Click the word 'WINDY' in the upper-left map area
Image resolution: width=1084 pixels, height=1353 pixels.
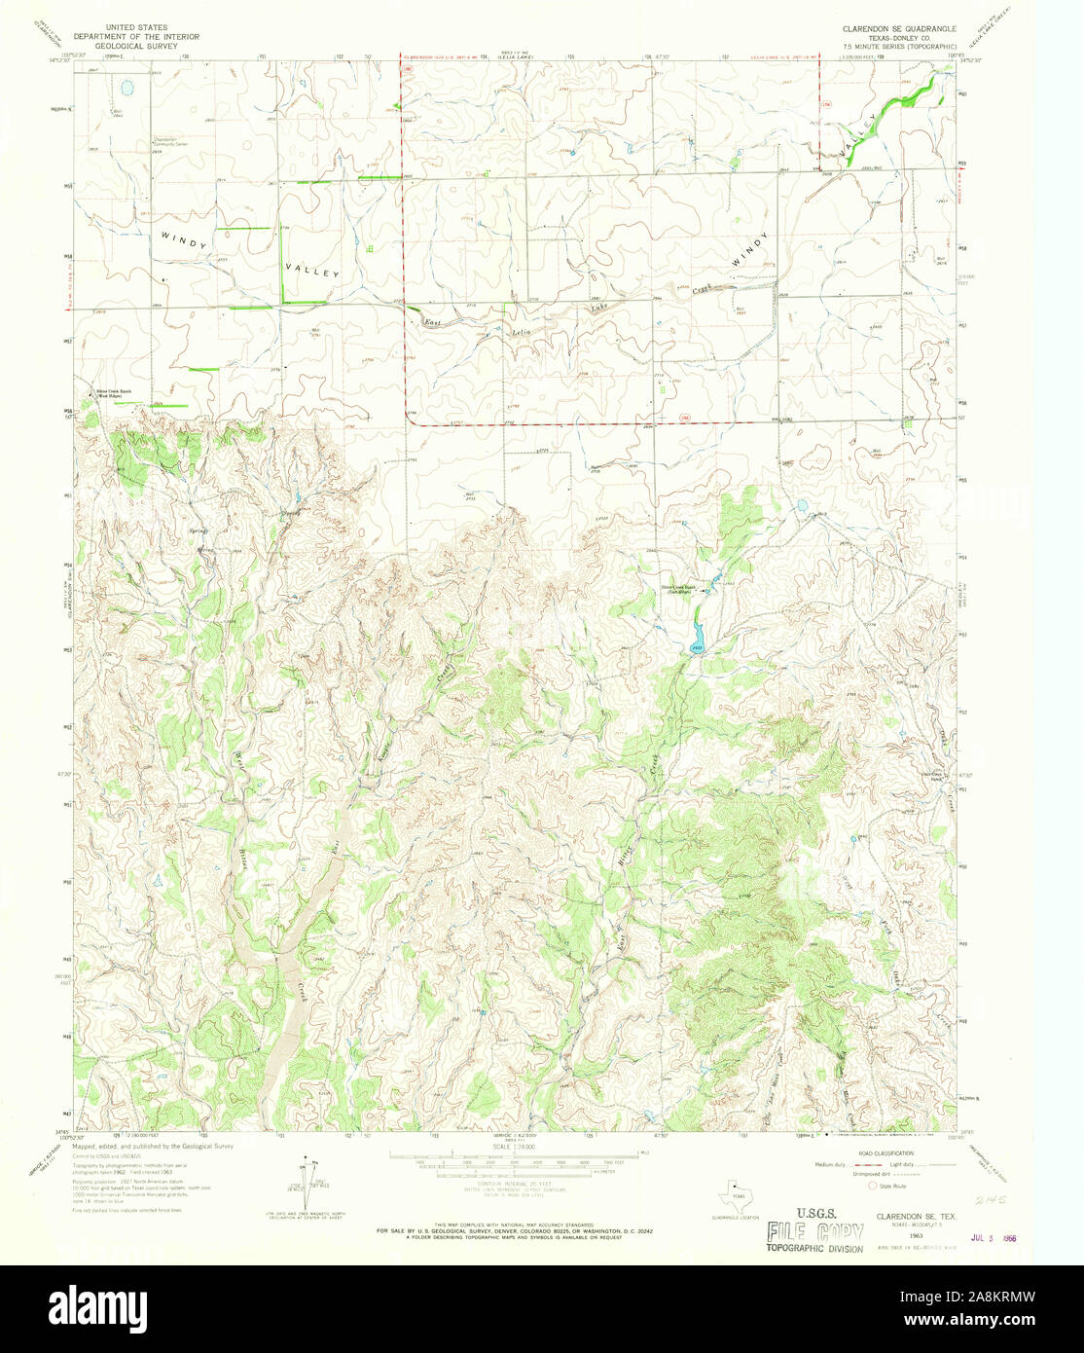click(x=184, y=240)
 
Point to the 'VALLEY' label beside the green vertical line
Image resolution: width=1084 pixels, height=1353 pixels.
click(x=311, y=268)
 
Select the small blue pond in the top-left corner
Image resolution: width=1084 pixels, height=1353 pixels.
click(x=126, y=89)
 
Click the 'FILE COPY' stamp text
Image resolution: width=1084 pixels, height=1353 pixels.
click(x=813, y=1230)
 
